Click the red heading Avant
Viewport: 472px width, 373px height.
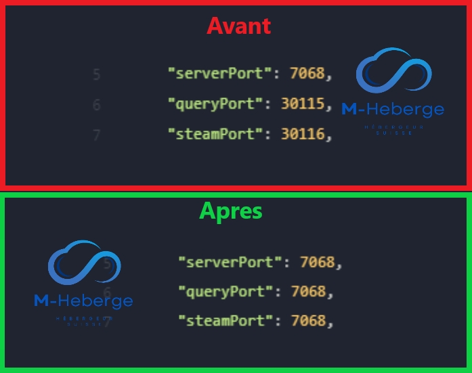(238, 26)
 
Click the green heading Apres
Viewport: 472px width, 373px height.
(231, 211)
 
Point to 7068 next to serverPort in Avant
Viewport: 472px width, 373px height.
(307, 73)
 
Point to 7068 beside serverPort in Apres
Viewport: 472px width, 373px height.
(318, 261)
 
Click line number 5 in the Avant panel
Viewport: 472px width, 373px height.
(97, 74)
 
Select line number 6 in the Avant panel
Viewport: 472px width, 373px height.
(97, 105)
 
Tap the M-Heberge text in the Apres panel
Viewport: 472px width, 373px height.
(83, 301)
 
